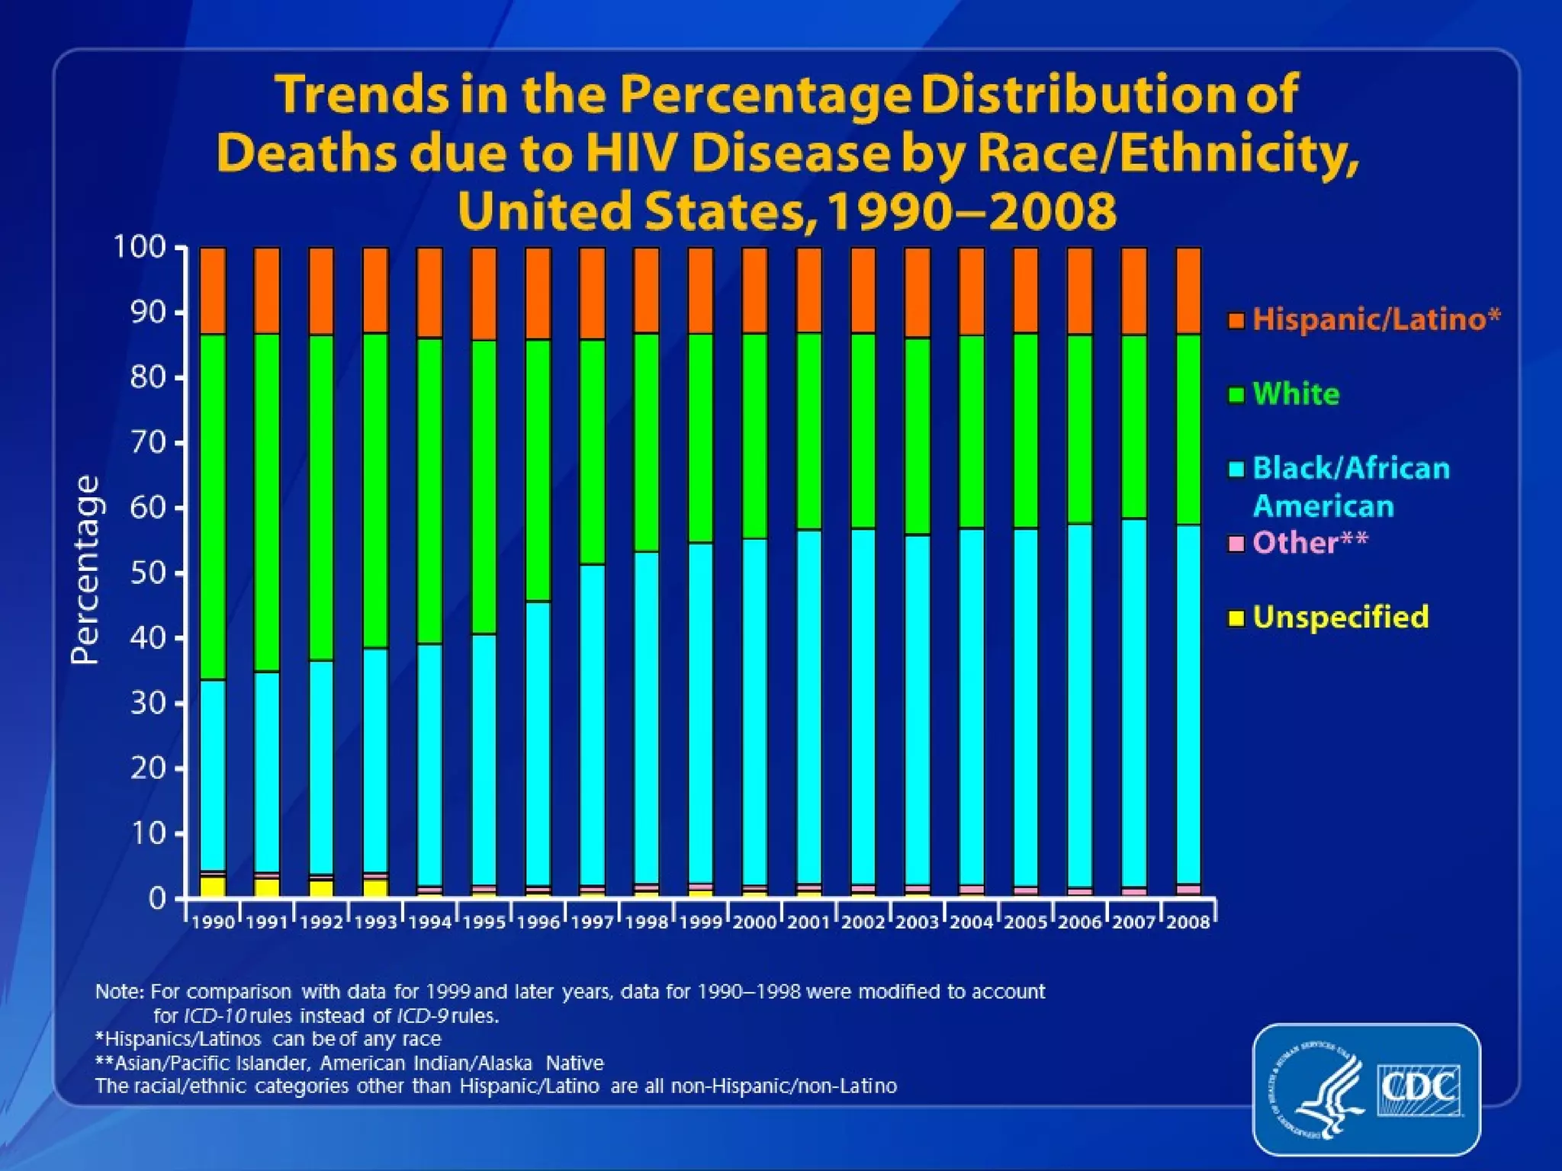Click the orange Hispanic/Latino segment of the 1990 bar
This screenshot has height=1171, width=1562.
213,290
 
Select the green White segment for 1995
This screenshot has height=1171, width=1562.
484,486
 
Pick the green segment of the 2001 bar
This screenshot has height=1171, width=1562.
808,431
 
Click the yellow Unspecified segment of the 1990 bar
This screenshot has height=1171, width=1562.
213,886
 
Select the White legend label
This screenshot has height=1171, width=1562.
1296,394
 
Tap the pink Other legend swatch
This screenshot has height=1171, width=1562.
1237,544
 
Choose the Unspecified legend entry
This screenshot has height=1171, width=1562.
1340,617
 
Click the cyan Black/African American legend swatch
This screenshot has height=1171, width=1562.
1237,469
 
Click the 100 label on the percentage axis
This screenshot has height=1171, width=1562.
140,247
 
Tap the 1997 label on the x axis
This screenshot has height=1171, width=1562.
592,922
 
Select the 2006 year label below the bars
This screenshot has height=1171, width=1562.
1079,922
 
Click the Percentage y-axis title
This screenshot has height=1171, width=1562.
85,569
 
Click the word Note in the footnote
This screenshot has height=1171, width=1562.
118,992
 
